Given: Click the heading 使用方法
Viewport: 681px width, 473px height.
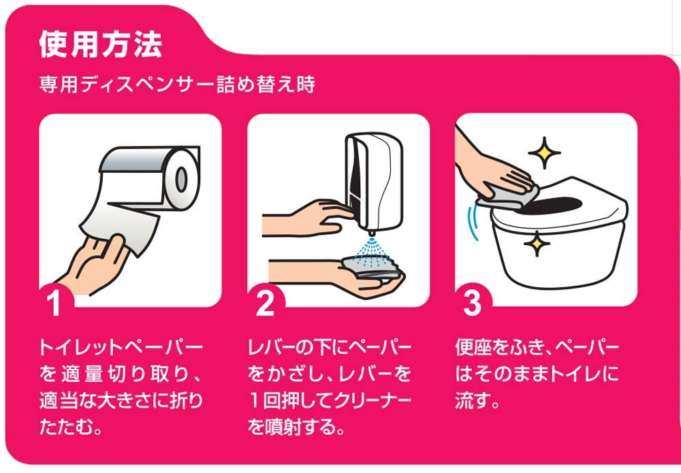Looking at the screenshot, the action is pyautogui.click(x=101, y=44).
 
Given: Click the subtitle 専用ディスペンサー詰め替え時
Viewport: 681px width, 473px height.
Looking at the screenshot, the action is pyautogui.click(x=177, y=84).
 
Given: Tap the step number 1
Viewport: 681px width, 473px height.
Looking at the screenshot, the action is pyautogui.click(x=54, y=303).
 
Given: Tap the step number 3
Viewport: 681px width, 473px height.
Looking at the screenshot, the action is pyautogui.click(x=472, y=302).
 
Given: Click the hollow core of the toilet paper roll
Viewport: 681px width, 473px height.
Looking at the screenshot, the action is pyautogui.click(x=182, y=178).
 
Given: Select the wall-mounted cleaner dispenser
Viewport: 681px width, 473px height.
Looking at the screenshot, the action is pyautogui.click(x=373, y=182).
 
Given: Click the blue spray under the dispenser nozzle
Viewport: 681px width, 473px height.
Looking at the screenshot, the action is pyautogui.click(x=370, y=252).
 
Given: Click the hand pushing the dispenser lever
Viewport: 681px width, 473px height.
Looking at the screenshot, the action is pyautogui.click(x=309, y=217).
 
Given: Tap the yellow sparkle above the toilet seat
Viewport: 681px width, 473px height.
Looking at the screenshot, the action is pyautogui.click(x=544, y=152).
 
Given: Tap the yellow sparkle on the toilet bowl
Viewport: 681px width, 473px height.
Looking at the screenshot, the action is pyautogui.click(x=537, y=244).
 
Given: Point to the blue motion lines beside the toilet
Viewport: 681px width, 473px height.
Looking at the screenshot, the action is pyautogui.click(x=473, y=223).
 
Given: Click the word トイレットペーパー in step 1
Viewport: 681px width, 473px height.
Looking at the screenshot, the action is pyautogui.click(x=121, y=347).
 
